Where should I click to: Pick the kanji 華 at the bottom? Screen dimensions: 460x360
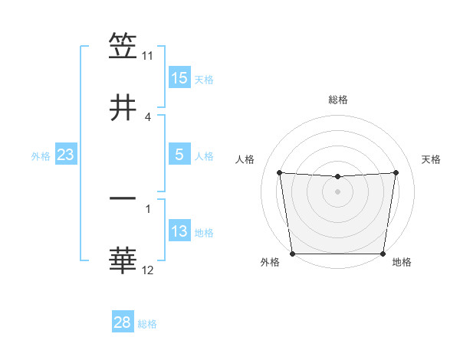coord(123,260)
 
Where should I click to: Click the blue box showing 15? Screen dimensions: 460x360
coord(179,78)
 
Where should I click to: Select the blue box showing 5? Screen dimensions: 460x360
coord(179,155)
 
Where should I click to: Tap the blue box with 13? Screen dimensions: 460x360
coord(179,231)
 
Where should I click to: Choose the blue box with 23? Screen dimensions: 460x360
coord(65,155)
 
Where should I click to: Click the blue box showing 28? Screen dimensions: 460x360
coord(123,322)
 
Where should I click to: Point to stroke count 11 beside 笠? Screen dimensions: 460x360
coord(147,56)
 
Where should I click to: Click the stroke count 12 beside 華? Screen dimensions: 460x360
coord(147,270)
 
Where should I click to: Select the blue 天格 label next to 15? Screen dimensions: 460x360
coord(204,79)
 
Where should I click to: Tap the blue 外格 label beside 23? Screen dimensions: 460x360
coord(41,155)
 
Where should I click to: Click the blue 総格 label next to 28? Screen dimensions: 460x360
coord(147,323)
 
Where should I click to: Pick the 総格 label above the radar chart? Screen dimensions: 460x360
coord(338,100)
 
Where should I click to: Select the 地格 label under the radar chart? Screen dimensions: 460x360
coord(402,263)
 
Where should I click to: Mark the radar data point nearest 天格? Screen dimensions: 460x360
coord(396,172)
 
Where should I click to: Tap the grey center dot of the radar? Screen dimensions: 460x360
coord(338,191)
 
